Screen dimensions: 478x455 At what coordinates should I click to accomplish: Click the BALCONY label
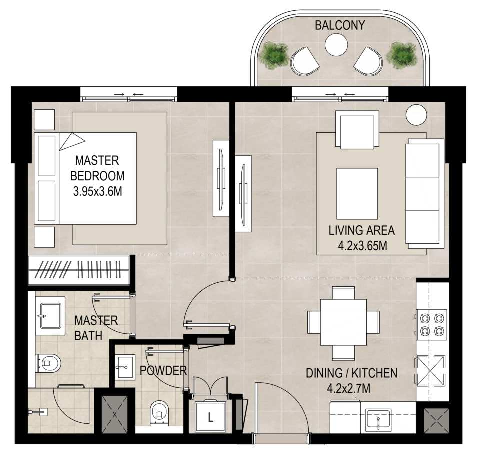click(x=339, y=25)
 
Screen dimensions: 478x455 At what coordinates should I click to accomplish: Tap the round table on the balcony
click(x=336, y=45)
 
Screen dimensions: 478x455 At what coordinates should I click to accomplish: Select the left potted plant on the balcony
click(x=274, y=54)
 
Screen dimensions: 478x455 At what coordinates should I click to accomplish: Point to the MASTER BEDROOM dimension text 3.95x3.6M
click(x=97, y=192)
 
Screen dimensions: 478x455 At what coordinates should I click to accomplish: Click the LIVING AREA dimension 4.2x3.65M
click(x=362, y=245)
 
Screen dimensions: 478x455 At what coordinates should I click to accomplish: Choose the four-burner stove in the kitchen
click(x=432, y=324)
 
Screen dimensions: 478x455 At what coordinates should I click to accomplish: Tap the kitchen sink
click(x=378, y=419)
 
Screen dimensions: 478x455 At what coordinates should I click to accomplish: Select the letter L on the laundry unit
click(x=210, y=417)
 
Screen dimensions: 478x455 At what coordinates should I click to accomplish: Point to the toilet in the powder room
click(x=159, y=413)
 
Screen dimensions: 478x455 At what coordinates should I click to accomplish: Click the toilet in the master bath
click(x=48, y=363)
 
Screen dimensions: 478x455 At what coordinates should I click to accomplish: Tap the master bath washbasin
click(x=50, y=316)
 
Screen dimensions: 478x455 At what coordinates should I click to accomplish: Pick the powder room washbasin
click(x=124, y=367)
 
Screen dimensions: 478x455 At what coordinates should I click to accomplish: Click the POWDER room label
click(x=163, y=371)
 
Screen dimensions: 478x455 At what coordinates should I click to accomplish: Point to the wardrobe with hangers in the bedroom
click(x=79, y=270)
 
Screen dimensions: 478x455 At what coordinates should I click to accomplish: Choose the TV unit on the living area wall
click(x=243, y=194)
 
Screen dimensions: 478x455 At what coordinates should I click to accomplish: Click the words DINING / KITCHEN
click(x=351, y=373)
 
